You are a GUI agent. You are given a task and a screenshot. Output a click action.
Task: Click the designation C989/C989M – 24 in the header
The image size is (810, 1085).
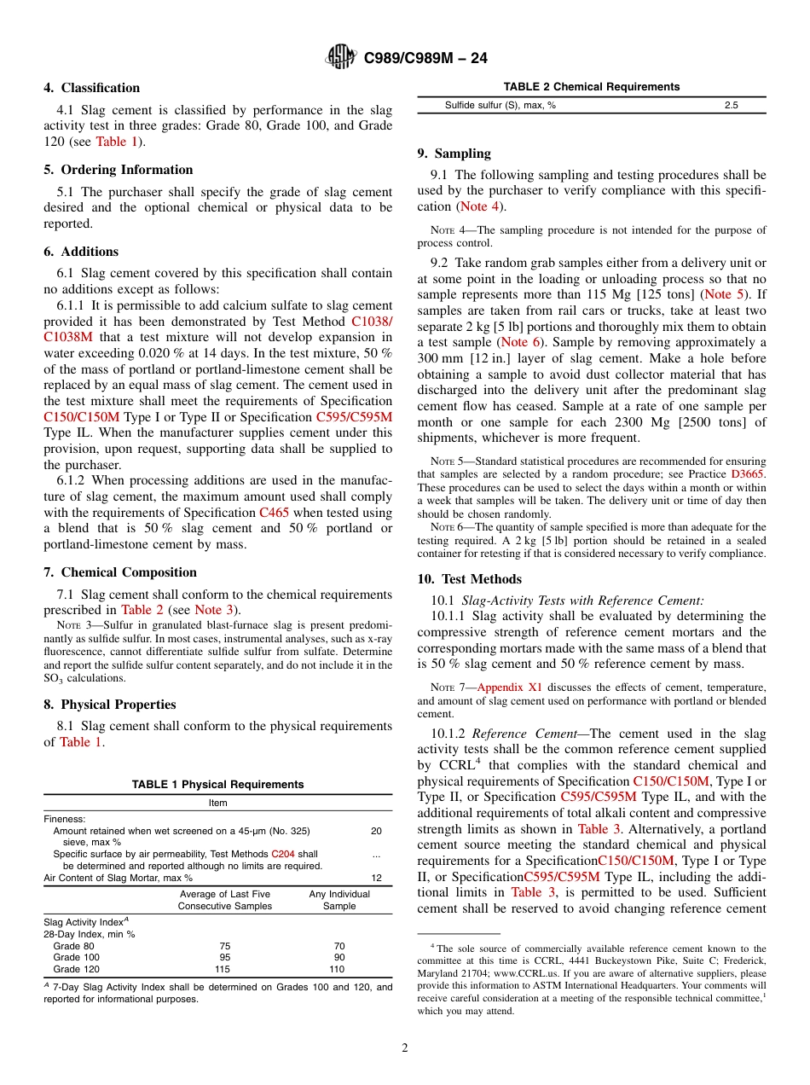click(x=425, y=58)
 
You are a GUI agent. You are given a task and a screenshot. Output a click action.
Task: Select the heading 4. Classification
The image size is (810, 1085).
click(x=92, y=88)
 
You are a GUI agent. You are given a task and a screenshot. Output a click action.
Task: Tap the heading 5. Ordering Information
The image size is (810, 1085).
click(x=119, y=170)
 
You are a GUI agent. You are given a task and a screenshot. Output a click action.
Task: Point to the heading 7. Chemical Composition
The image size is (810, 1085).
click(x=120, y=572)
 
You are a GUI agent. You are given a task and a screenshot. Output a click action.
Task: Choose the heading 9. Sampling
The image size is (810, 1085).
click(x=454, y=154)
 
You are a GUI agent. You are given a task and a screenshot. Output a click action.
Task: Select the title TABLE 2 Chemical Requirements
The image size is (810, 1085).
click(x=591, y=87)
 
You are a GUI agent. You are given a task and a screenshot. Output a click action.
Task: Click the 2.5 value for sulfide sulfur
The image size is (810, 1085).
click(x=731, y=106)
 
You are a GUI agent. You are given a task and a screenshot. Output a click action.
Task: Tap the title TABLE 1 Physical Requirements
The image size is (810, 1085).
click(x=217, y=785)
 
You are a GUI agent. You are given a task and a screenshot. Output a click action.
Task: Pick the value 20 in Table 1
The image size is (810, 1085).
click(x=376, y=831)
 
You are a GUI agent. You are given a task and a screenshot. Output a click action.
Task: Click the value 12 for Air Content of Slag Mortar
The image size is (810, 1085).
click(x=376, y=878)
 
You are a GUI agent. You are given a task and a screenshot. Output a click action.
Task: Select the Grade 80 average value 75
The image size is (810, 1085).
click(x=223, y=946)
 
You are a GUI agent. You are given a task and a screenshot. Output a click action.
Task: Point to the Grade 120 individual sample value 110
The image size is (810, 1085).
click(x=338, y=969)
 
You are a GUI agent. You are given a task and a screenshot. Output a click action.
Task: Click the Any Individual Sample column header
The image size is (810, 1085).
click(x=338, y=900)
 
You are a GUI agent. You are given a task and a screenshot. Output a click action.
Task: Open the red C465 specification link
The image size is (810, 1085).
click(x=269, y=513)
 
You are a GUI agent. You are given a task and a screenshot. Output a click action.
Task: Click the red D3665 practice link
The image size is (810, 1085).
click(x=748, y=473)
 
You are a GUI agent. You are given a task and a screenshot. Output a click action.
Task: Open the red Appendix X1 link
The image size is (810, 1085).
click(x=510, y=687)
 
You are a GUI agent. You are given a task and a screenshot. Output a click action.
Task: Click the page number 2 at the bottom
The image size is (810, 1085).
click(x=405, y=1048)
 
